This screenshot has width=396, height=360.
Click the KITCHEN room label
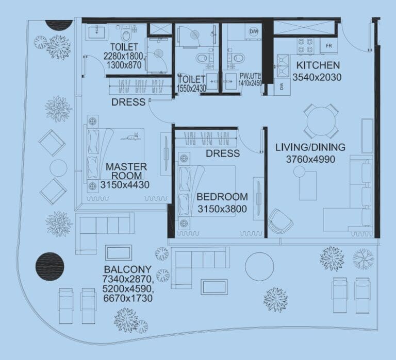[318, 65]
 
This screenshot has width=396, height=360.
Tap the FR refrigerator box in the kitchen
[327, 46]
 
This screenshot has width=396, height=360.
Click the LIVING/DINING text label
[310, 148]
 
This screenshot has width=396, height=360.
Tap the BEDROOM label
[222, 197]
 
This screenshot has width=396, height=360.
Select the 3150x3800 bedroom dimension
[222, 209]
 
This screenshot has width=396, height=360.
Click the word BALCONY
[127, 269]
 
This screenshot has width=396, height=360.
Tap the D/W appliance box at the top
[254, 31]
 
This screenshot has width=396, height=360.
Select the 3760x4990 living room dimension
[310, 160]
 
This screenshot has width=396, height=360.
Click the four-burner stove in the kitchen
[303, 46]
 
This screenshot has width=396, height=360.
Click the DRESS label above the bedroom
[222, 153]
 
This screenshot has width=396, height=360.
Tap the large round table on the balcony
[259, 267]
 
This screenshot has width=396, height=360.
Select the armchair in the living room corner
[280, 220]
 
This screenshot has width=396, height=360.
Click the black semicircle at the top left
[59, 25]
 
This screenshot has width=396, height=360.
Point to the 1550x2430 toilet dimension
[192, 89]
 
